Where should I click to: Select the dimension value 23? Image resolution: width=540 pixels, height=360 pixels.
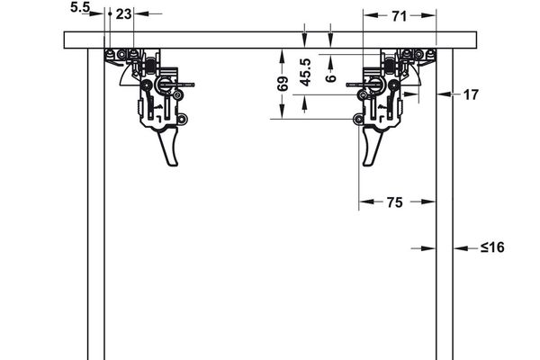(x=123, y=13)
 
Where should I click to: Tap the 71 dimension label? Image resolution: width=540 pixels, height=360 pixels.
(x=400, y=14)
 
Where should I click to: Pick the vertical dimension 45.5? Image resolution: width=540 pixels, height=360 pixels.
(x=306, y=73)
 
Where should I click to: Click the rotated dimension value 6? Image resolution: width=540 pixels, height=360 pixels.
(x=331, y=78)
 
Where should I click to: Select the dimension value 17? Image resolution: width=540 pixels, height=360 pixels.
(x=471, y=93)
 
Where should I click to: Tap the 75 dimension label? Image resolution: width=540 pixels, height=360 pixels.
(x=394, y=202)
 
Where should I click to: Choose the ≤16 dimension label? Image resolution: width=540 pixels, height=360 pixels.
(x=491, y=247)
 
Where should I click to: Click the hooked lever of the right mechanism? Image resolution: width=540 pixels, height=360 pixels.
(x=371, y=148)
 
